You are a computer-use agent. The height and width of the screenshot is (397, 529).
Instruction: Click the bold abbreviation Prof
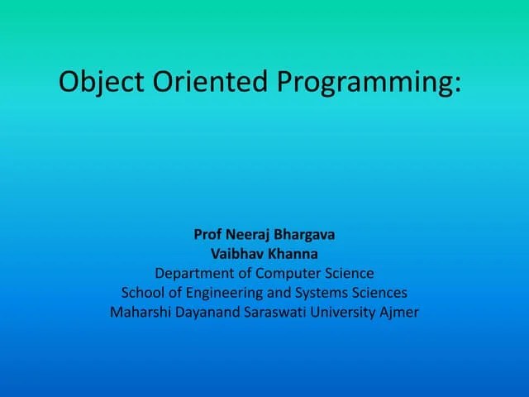pos(208,234)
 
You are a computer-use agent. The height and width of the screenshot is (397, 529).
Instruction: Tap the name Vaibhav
pos(234,254)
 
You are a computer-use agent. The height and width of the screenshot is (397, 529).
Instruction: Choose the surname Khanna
pos(295,254)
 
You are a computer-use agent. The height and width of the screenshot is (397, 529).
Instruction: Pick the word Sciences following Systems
pos(379,293)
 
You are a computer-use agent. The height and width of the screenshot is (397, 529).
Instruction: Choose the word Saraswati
pos(274,313)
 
